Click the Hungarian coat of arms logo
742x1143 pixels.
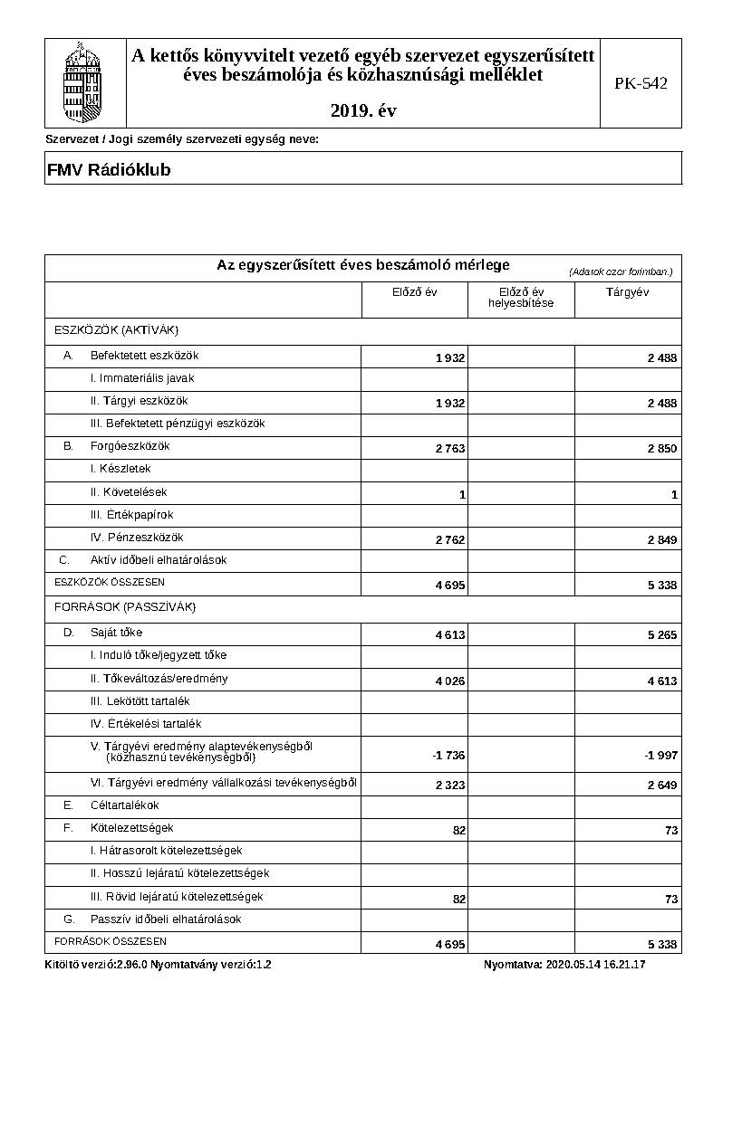[x=84, y=81]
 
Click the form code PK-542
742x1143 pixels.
[x=641, y=83]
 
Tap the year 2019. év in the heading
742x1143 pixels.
[x=363, y=111]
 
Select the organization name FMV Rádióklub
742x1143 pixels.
[x=109, y=170]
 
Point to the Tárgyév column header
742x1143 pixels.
[x=627, y=292]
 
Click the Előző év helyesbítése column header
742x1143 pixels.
[x=521, y=297]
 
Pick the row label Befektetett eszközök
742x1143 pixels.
[x=144, y=356]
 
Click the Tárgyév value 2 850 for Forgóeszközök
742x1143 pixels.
[x=661, y=449]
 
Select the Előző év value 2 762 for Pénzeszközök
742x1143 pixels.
[x=449, y=540]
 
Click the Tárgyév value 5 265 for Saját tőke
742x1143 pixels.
[x=661, y=635]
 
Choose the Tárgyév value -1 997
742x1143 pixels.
[x=660, y=756]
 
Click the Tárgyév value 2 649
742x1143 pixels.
[x=661, y=786]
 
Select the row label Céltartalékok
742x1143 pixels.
[x=124, y=805]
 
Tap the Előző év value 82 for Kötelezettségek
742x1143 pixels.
[x=458, y=830]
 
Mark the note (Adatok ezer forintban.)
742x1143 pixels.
[x=621, y=271]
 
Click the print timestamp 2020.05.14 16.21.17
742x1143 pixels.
[x=595, y=965]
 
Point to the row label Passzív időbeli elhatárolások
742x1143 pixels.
[x=165, y=919]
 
